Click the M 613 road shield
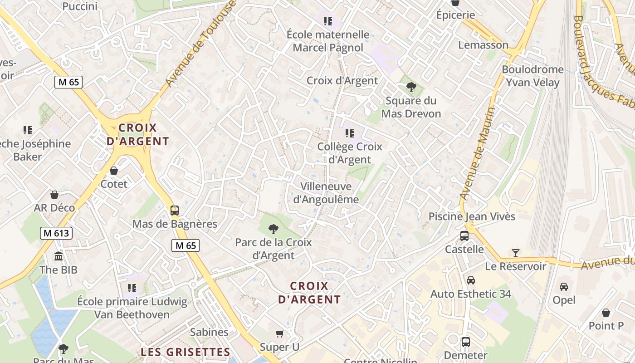[x=56, y=233]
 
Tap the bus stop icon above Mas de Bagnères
[x=175, y=211]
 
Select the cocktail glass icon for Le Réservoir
[x=515, y=253]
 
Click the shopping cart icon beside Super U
[x=280, y=334]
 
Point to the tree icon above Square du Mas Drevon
[x=411, y=87]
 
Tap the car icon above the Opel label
[x=564, y=287]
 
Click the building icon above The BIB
[x=59, y=257]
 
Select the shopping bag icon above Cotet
[x=114, y=171]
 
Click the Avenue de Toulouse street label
[x=201, y=44]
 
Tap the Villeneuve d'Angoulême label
[x=326, y=193]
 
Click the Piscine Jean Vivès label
[x=472, y=216]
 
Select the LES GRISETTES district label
[x=185, y=352]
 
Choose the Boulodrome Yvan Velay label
[x=532, y=76]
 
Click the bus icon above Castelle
[x=464, y=236]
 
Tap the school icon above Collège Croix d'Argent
[x=349, y=133]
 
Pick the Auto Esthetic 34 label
[x=470, y=294]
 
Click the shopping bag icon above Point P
[x=606, y=313]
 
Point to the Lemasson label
[x=483, y=45]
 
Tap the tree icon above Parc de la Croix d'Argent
[x=273, y=229]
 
